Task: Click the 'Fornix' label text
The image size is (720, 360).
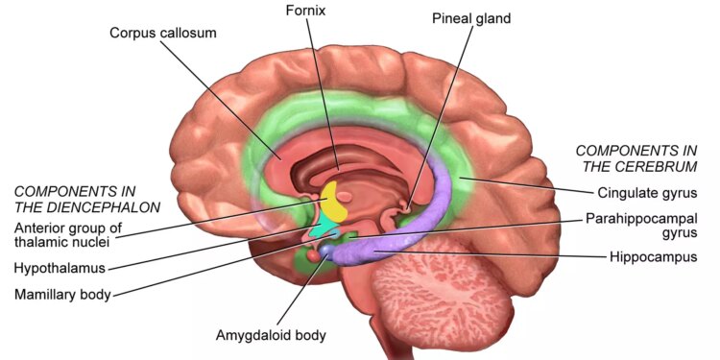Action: [x=305, y=11]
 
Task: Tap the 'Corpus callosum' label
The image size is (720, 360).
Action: [x=163, y=34]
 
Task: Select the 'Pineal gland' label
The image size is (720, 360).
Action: [x=471, y=19]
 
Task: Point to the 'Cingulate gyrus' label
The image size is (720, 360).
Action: [x=647, y=193]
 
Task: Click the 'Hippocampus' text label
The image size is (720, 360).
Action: [x=654, y=256]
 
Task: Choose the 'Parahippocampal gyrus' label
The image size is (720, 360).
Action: [x=641, y=225]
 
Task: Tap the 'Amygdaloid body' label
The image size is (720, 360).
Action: [x=271, y=335]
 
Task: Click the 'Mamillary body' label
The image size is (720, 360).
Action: [x=63, y=295]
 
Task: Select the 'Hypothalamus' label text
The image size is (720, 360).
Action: [x=60, y=268]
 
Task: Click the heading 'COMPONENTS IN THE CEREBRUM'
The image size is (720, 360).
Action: [x=636, y=158]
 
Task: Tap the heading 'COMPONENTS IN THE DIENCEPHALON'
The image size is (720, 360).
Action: [x=87, y=200]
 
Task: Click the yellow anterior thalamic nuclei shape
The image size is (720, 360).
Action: [x=333, y=202]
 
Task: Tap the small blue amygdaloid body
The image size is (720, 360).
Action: [x=327, y=251]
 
